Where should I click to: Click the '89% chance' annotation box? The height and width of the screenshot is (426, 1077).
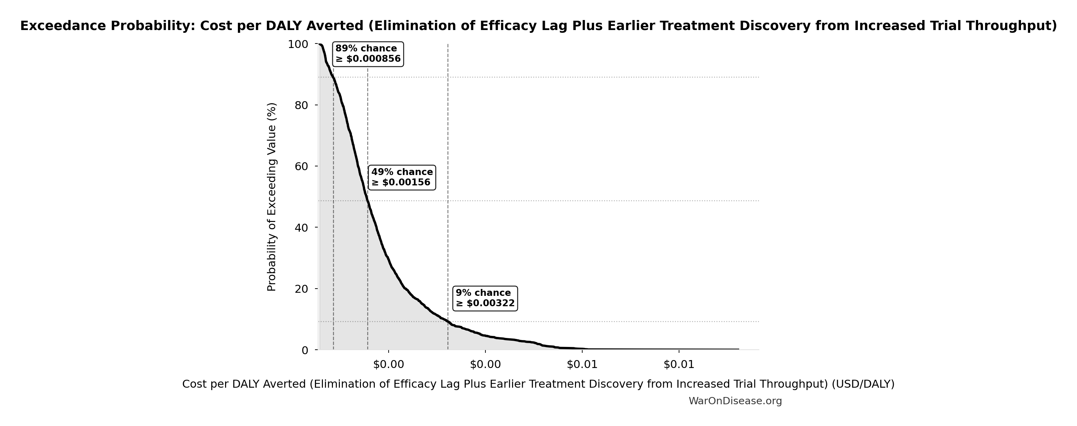(x=368, y=54)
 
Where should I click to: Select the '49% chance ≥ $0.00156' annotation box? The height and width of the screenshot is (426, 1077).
(x=402, y=177)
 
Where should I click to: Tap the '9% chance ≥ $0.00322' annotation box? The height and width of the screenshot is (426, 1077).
(x=485, y=298)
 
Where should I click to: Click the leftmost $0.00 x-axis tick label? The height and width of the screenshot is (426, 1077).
(x=388, y=365)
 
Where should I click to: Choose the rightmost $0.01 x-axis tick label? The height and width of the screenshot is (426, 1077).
(x=679, y=365)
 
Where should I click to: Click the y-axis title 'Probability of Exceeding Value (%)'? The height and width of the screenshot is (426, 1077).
(x=272, y=197)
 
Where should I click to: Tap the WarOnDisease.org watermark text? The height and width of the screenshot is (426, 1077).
(x=735, y=401)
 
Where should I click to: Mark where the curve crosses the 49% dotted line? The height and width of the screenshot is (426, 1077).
(x=368, y=201)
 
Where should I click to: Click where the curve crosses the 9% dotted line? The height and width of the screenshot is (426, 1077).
(x=448, y=322)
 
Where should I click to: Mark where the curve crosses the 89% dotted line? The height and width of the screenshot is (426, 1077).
(x=333, y=77)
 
